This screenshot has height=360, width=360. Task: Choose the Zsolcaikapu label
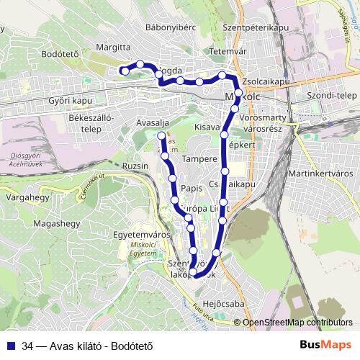tap(266, 81)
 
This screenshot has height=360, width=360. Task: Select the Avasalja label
tap(153, 122)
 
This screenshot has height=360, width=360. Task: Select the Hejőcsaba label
tap(224, 304)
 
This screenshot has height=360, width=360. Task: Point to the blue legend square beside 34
tap(11, 344)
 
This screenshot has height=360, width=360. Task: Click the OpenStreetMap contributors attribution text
tap(297, 322)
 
